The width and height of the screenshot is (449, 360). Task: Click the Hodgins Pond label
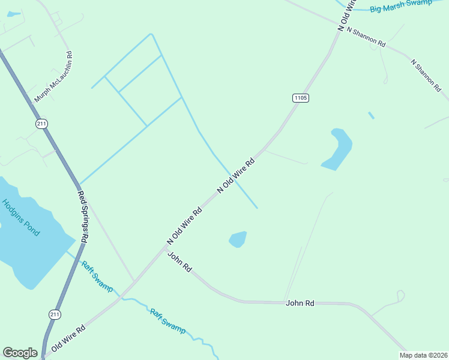click(20, 217)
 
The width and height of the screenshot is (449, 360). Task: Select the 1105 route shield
click(301, 97)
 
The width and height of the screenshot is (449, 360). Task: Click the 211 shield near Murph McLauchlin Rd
click(41, 124)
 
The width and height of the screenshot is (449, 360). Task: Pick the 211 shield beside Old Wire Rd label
click(55, 314)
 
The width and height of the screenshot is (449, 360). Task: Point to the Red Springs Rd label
click(83, 217)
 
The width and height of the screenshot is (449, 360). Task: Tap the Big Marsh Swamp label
click(400, 5)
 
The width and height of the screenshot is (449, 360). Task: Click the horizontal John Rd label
click(300, 303)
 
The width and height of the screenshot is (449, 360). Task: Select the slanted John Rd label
click(179, 262)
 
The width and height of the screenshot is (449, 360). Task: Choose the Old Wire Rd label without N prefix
click(68, 338)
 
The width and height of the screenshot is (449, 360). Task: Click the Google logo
click(20, 353)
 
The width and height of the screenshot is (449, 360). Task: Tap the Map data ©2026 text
click(423, 355)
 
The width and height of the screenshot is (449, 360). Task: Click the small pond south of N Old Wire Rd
click(238, 239)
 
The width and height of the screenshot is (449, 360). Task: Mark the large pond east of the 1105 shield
click(337, 149)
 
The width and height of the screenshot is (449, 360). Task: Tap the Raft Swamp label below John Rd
click(167, 320)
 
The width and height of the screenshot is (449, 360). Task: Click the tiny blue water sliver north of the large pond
click(371, 115)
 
